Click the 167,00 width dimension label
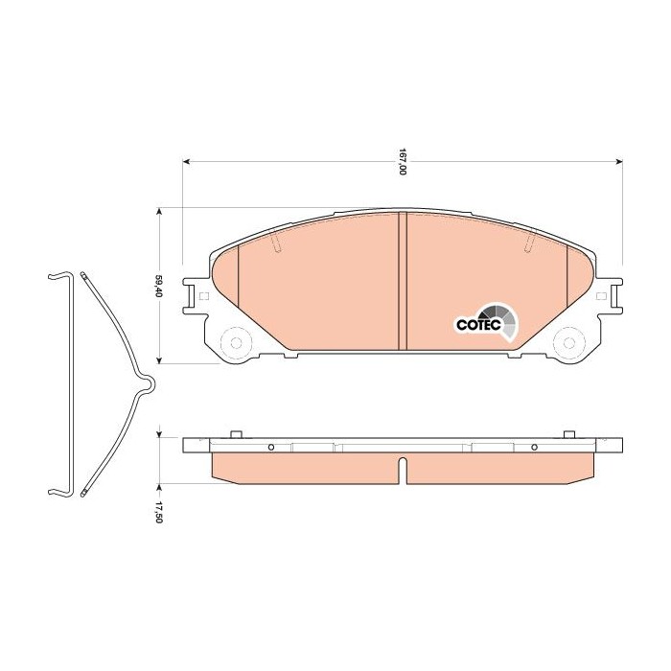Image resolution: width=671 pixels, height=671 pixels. tap(404, 163)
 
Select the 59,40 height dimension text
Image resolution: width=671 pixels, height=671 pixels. tap(159, 286)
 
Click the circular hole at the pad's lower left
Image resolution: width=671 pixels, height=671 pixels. tap(234, 341)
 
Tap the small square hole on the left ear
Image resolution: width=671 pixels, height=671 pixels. tap(203, 296)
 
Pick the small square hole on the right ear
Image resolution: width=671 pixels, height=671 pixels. tap(601, 296)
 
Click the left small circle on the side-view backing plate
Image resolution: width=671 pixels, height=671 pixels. tap(271, 448)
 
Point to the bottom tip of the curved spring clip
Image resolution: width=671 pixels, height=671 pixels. tap(85, 495)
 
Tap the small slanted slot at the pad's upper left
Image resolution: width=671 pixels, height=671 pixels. tap(277, 245)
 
